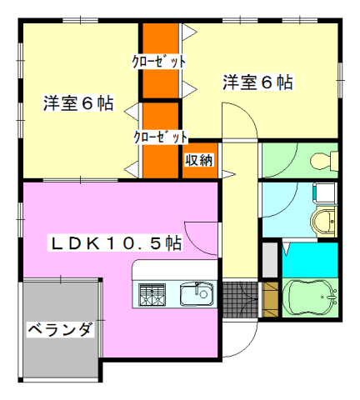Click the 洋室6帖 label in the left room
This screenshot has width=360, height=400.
(79, 106)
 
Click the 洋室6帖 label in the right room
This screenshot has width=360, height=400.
(257, 82)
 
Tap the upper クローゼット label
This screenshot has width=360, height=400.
(158, 62)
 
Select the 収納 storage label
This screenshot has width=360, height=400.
(199, 160)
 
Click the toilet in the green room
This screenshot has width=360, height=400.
(322, 160)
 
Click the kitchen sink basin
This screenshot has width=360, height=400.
(198, 293)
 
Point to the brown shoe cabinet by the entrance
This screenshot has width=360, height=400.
(270, 297)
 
